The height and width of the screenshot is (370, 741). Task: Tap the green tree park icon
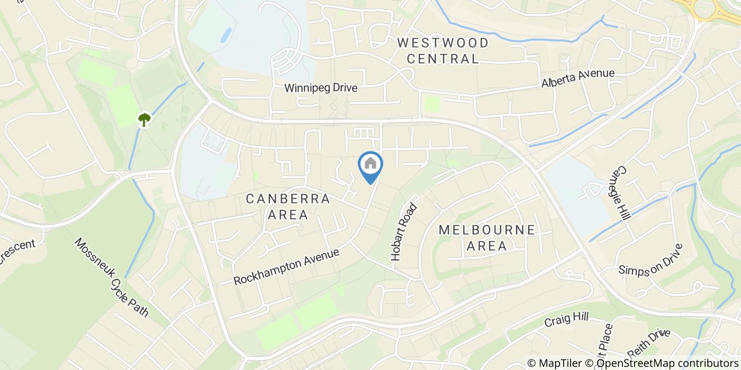click(x=144, y=119)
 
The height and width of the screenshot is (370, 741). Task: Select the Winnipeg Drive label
click(x=321, y=88)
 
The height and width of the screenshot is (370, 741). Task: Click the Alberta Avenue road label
click(x=577, y=78)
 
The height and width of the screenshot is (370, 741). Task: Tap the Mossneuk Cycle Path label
click(x=112, y=277)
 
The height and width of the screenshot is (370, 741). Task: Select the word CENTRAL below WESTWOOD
click(x=442, y=58)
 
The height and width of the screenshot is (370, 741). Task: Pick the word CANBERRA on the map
click(x=288, y=199)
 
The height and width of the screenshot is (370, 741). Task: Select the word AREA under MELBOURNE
click(x=487, y=246)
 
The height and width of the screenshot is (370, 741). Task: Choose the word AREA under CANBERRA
click(x=288, y=215)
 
